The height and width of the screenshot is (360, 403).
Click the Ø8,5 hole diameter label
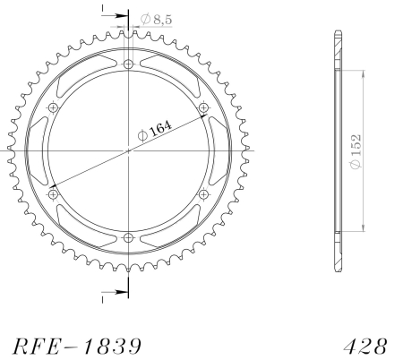(157, 19)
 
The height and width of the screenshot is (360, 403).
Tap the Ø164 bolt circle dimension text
(155, 131)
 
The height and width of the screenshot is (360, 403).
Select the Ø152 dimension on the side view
(356, 151)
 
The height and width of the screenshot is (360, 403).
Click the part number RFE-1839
(77, 347)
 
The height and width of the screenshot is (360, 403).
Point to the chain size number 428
(365, 347)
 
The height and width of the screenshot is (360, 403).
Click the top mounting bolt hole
(128, 64)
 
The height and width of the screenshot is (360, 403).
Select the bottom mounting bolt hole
(128, 238)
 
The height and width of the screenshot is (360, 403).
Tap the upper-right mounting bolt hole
(203, 107)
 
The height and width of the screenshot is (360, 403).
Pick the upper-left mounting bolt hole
(53, 107)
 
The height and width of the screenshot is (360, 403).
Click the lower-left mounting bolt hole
(53, 194)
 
